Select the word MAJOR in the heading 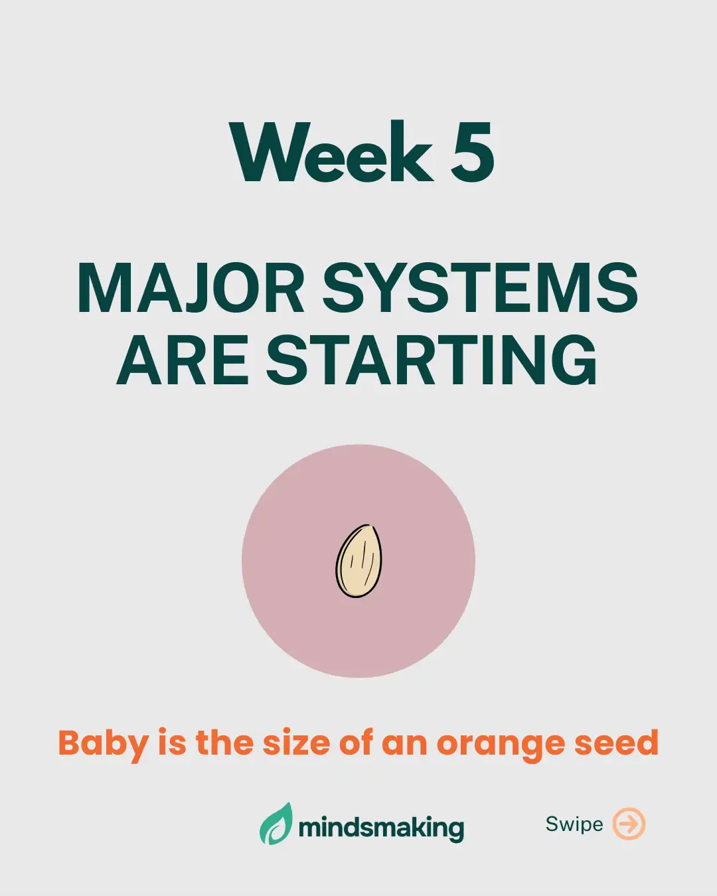tap(191, 289)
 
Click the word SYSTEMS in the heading tap(480, 289)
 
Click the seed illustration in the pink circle tap(358, 561)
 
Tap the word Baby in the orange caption tap(103, 743)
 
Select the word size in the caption tap(296, 743)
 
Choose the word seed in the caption tap(616, 743)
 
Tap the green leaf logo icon tap(276, 824)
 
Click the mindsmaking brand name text tap(381, 828)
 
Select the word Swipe tap(574, 824)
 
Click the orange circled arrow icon tap(628, 824)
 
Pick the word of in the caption tap(355, 743)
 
